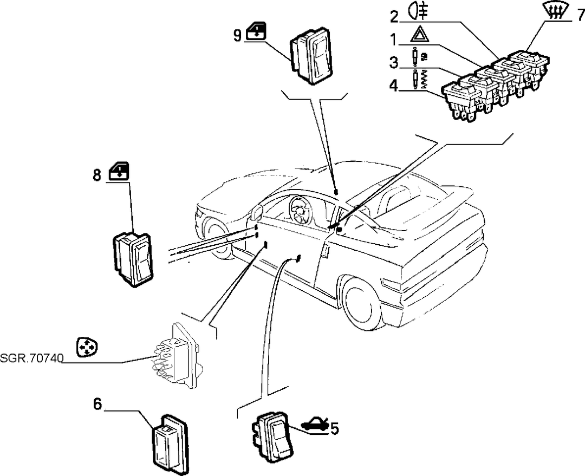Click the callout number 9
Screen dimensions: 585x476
coord(238,35)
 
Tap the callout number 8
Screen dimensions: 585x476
coord(96,174)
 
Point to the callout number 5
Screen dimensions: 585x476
coord(335,429)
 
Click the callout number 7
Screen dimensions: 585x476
coord(580,15)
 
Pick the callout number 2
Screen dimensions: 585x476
coord(394,16)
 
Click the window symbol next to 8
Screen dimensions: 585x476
coord(119,171)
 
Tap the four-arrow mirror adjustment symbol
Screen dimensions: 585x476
coord(87,347)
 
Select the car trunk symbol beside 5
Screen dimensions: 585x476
coord(315,425)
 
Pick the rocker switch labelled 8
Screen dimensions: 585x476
coord(133,259)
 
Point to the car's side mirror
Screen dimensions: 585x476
coord(256,213)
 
